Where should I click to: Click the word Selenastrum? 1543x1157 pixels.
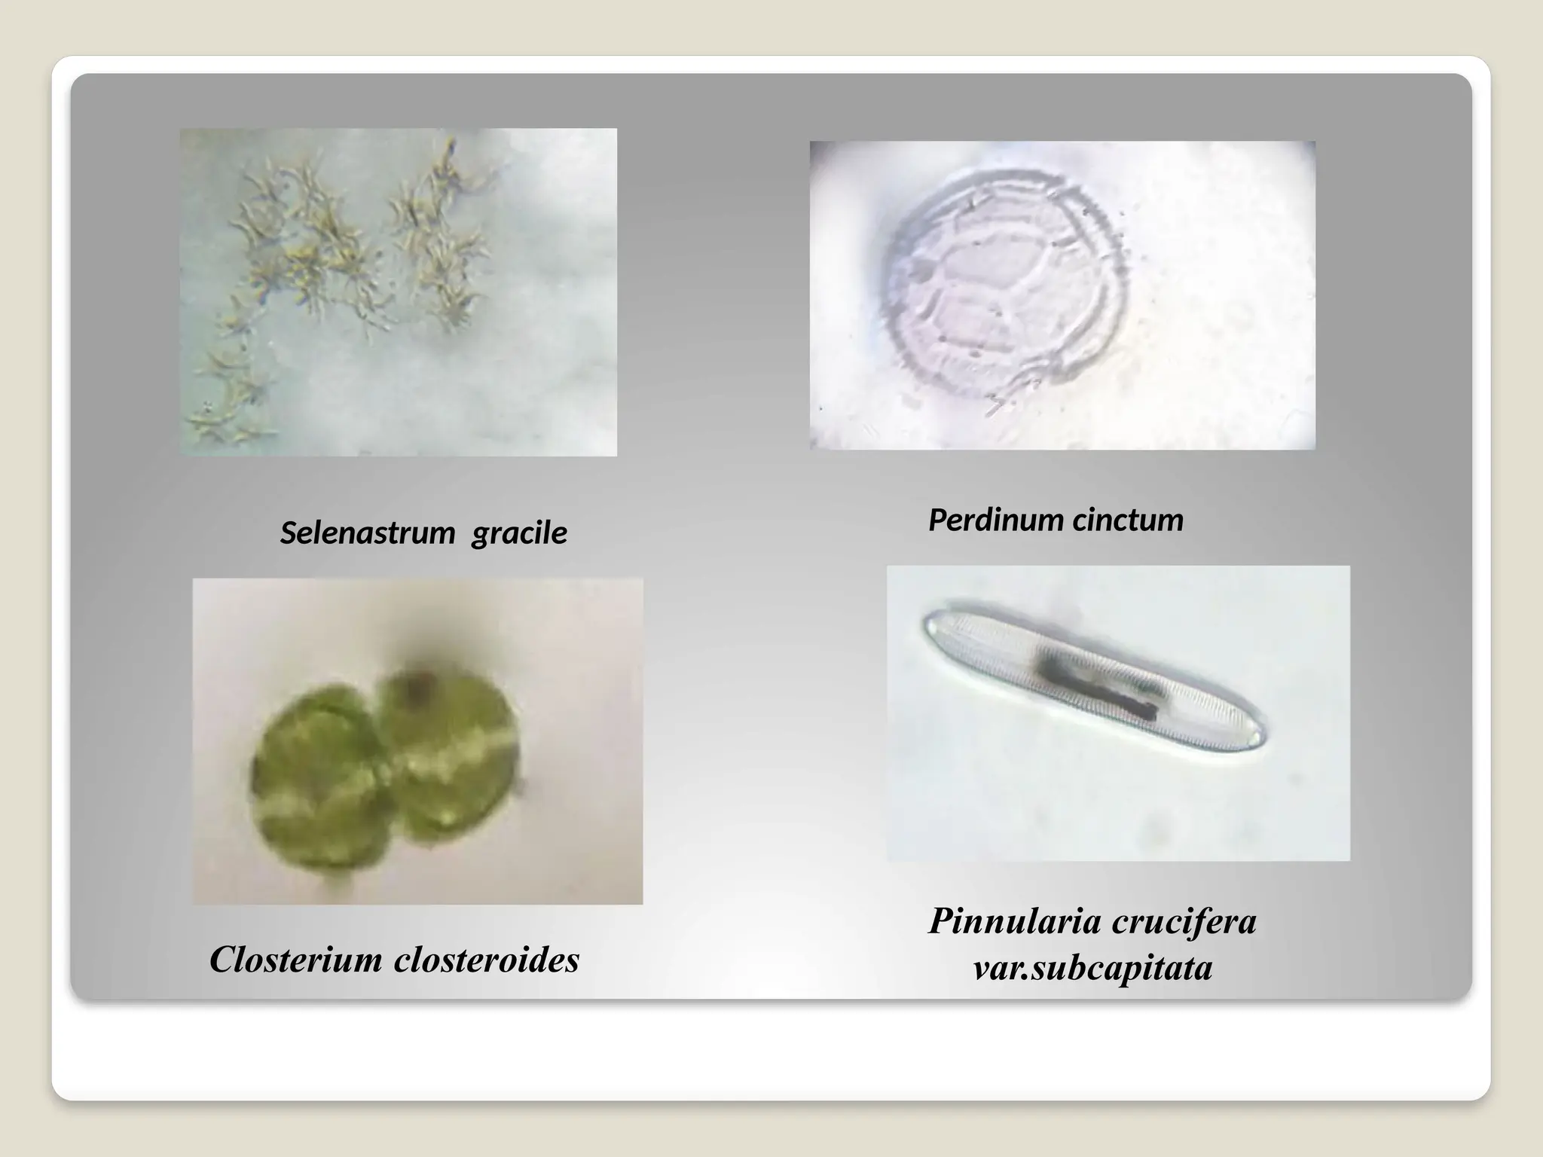click(x=368, y=533)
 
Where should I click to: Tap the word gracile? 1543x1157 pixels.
click(x=519, y=533)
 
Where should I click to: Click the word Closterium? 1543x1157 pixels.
click(x=296, y=960)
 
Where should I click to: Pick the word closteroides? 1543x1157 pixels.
click(x=487, y=960)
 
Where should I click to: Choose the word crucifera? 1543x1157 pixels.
click(x=1184, y=920)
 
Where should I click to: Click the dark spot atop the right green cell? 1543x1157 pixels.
click(x=417, y=684)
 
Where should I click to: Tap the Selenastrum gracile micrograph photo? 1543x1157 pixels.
click(x=398, y=292)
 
